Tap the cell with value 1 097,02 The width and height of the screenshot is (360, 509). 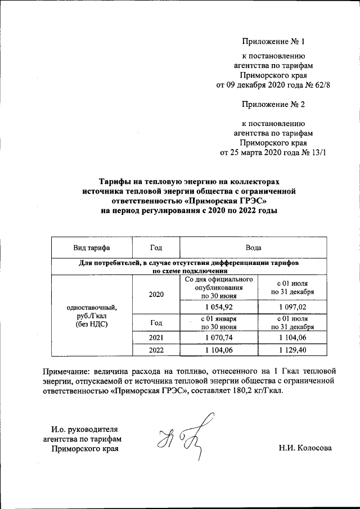pos(291,306)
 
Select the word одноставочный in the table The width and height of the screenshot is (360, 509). pos(91,307)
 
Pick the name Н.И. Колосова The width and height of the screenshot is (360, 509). pos(304,448)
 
